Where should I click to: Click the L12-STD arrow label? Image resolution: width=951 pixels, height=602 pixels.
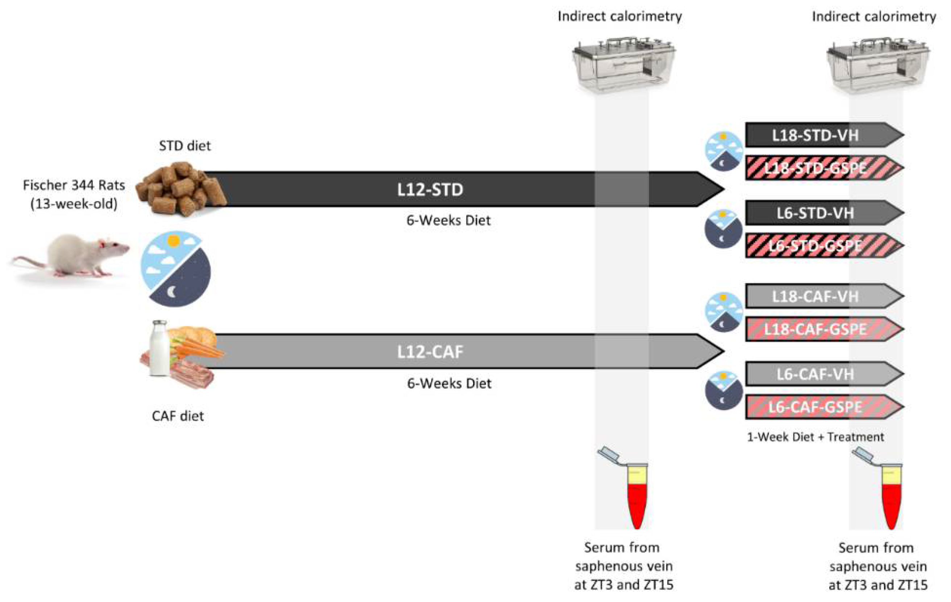(x=430, y=189)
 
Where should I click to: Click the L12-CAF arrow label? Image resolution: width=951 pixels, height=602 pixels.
(x=430, y=351)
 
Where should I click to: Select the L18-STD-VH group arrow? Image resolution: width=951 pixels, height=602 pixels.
(x=816, y=135)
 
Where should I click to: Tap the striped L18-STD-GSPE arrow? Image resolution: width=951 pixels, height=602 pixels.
(x=816, y=168)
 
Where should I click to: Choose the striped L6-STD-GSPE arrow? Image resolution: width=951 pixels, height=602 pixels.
(x=816, y=246)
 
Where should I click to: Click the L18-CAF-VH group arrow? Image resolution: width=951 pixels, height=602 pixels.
(x=816, y=296)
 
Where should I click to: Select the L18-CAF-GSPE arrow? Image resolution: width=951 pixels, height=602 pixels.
(x=816, y=329)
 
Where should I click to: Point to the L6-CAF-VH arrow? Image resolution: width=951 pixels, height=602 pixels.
(x=816, y=374)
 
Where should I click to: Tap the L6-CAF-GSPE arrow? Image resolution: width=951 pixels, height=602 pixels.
(x=816, y=407)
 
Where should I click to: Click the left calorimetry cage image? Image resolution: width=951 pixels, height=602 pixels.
(x=623, y=65)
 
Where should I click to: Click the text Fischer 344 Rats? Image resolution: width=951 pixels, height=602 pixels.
(x=74, y=185)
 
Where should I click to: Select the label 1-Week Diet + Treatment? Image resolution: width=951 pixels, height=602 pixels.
(x=815, y=437)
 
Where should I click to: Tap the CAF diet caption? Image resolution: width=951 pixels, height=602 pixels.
(x=178, y=416)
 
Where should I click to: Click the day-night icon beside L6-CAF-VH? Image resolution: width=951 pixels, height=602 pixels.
(x=723, y=390)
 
